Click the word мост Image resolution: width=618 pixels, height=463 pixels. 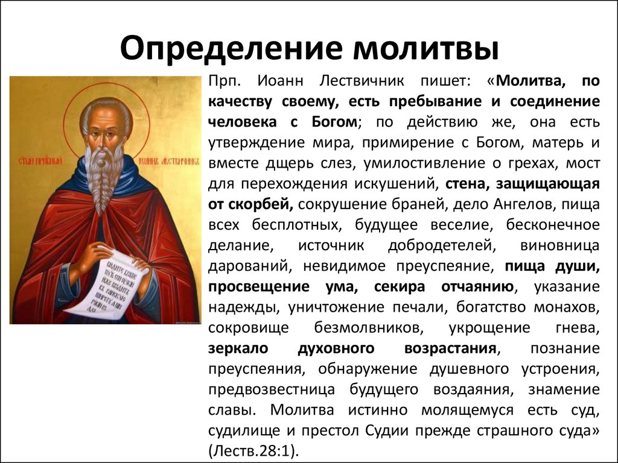click(x=584, y=163)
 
